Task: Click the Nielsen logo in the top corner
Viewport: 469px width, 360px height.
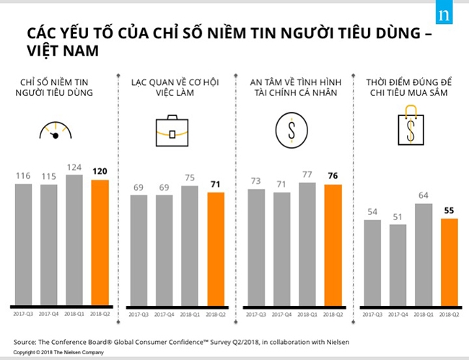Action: pos(450,15)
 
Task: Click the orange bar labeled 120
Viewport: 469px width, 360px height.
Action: pos(101,242)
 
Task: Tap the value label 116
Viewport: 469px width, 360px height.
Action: pos(23,175)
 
